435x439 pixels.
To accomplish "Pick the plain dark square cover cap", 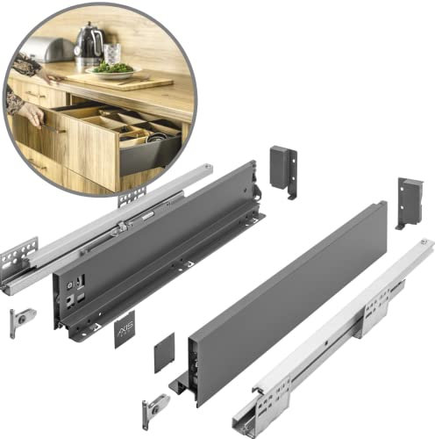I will coord(165,353).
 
